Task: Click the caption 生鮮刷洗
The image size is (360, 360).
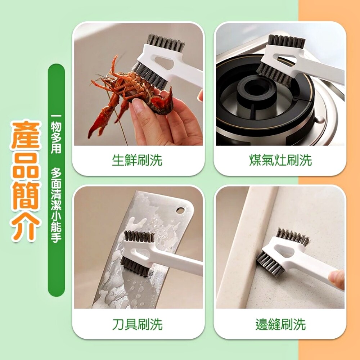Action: pyautogui.click(x=137, y=160)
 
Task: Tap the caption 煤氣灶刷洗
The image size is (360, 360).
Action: pyautogui.click(x=280, y=160)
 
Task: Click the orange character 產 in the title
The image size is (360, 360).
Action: pyautogui.click(x=26, y=135)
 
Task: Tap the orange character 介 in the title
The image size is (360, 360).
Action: pyautogui.click(x=26, y=227)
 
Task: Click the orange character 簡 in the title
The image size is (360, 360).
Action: pyautogui.click(x=26, y=197)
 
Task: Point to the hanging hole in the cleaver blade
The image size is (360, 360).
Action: pyautogui.click(x=180, y=210)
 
